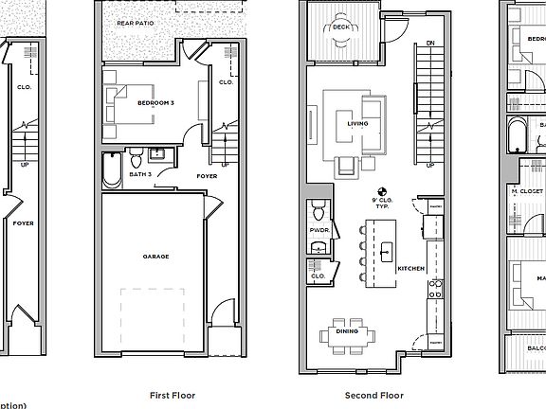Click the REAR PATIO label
(x=135, y=22)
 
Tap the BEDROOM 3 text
(x=157, y=102)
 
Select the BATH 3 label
(x=141, y=175)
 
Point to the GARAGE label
(x=156, y=256)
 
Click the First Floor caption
(x=173, y=395)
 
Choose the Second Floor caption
(x=374, y=395)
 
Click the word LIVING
(x=357, y=123)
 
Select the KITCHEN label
(x=409, y=269)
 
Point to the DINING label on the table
(x=346, y=330)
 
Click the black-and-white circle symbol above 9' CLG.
(x=384, y=189)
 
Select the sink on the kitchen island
(x=386, y=252)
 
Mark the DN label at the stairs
(x=429, y=44)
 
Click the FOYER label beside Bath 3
(x=207, y=176)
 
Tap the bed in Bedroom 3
(x=123, y=103)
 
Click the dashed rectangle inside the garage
(x=157, y=316)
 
